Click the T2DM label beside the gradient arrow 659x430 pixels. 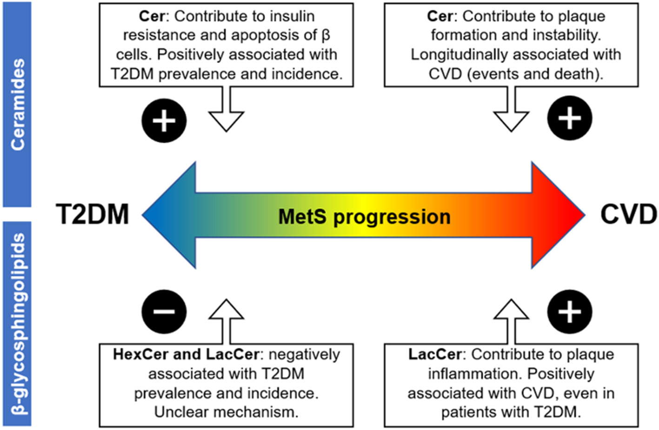(92, 215)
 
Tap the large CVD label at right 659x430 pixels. (628, 215)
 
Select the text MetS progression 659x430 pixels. (364, 217)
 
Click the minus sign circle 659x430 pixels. (164, 311)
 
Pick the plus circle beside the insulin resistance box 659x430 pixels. (164, 120)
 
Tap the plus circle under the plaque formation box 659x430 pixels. (570, 118)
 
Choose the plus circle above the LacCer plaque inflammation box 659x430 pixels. (570, 311)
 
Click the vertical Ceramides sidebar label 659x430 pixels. (17, 104)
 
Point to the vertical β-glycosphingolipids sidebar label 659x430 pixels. (17, 323)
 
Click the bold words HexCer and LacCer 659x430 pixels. (186, 354)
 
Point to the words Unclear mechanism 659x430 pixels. (226, 412)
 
